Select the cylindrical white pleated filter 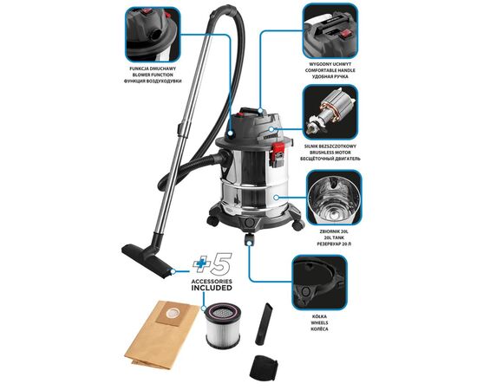[223, 326]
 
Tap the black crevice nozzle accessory [264, 324]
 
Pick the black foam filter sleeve [264, 367]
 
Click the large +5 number [212, 263]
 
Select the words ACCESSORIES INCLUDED [212, 285]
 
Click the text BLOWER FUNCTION [153, 75]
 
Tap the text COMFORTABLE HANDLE [330, 70]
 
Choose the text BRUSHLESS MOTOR [330, 153]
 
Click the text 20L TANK [334, 237]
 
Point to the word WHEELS [319, 322]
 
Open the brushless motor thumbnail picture [330, 112]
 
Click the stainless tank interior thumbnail [334, 198]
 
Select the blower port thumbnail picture [153, 35]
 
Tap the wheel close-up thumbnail [319, 283]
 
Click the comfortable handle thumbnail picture [330, 30]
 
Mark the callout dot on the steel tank [276, 198]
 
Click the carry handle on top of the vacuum [252, 111]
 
